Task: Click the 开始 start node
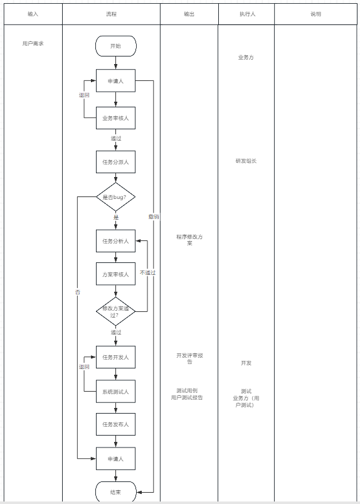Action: [x=115, y=46]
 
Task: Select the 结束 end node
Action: [x=115, y=492]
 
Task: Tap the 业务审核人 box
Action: [x=115, y=118]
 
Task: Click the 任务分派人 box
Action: [x=115, y=162]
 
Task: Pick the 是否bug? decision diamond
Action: [x=115, y=197]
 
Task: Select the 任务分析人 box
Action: [x=115, y=241]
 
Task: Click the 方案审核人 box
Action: [x=115, y=274]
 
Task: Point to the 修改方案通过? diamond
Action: [x=115, y=311]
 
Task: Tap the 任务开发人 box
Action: [x=115, y=357]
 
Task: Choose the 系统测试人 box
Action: [x=115, y=392]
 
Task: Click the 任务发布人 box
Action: [x=115, y=424]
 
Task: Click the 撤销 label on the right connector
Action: [x=154, y=217]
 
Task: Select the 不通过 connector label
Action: [x=148, y=272]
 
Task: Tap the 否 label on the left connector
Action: [x=78, y=292]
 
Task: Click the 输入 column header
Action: [x=33, y=14]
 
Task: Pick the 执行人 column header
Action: [x=247, y=14]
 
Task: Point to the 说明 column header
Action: [x=315, y=14]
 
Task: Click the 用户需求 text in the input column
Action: [x=33, y=43]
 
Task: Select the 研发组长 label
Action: [x=246, y=161]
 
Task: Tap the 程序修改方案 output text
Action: [x=189, y=240]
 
